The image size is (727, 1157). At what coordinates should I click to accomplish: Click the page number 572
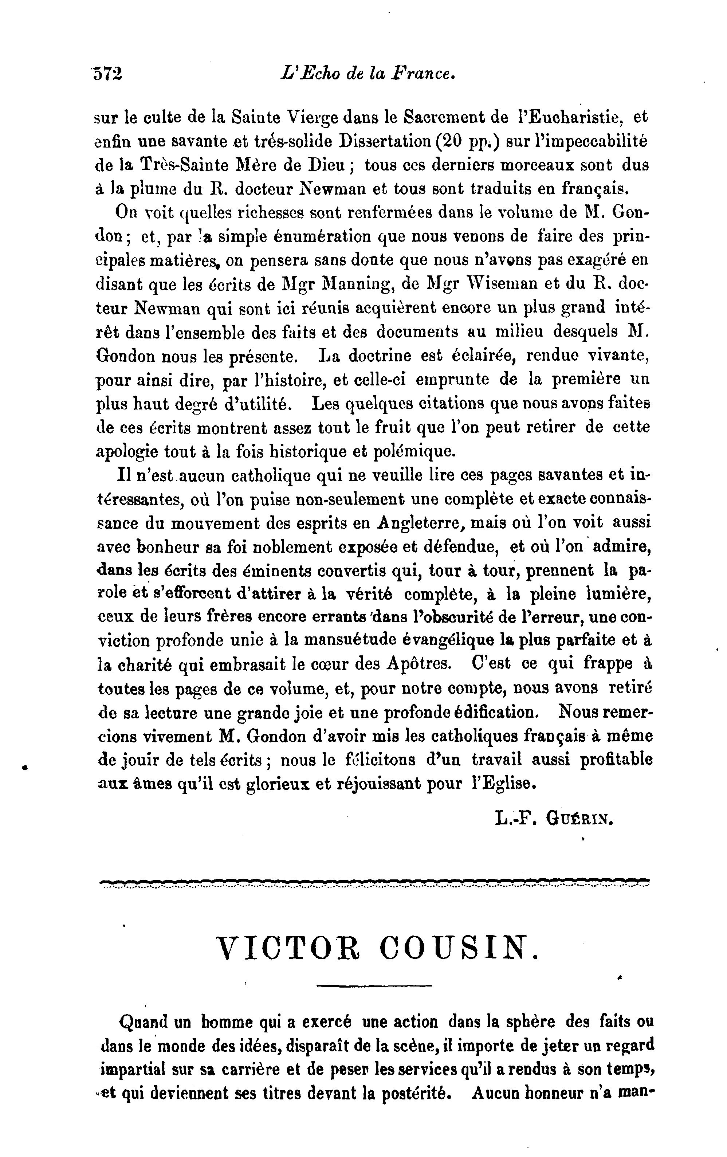coord(108,74)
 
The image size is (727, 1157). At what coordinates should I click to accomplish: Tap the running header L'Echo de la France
coord(368,74)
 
